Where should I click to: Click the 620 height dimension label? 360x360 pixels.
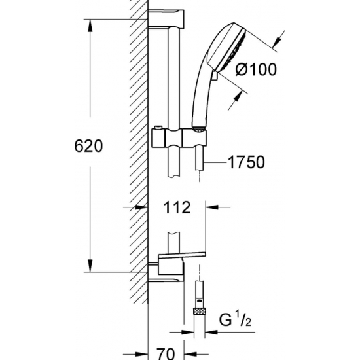tap(88, 146)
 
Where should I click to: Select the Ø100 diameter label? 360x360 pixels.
tap(256, 69)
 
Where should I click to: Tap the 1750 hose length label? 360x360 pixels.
tap(246, 162)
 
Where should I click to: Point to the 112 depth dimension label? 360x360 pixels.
tap(177, 207)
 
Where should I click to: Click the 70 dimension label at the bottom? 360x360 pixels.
tap(166, 353)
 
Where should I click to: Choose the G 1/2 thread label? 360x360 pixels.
tap(235, 320)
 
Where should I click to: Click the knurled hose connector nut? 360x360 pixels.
tap(200, 312)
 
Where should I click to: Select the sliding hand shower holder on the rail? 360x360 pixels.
tap(179, 138)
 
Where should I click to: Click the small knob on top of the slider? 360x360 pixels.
tap(158, 128)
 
